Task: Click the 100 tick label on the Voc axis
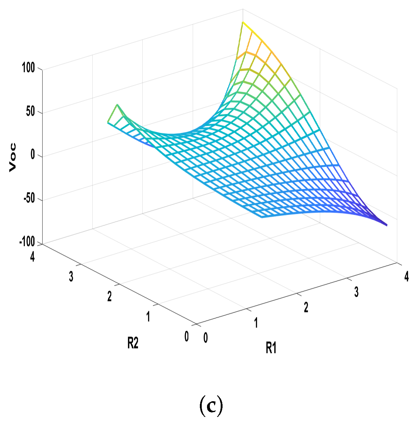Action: [x=28, y=67]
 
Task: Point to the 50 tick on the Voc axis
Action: [x=30, y=111]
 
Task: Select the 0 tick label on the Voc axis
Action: [x=33, y=154]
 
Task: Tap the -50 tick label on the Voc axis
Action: [x=29, y=198]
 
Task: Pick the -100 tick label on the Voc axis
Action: [x=27, y=241]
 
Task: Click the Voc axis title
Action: [x=12, y=157]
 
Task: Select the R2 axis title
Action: [x=133, y=343]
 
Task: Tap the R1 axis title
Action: [x=271, y=348]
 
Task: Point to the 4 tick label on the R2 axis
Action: [x=32, y=256]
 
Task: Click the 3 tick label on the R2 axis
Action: [x=71, y=276]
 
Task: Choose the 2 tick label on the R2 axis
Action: [x=109, y=296]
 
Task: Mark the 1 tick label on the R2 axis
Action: [x=148, y=317]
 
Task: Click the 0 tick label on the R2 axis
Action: [x=186, y=336]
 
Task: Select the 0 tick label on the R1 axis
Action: [x=205, y=338]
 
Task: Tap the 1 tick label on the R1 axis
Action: [x=256, y=323]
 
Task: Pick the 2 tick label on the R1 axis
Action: [x=306, y=307]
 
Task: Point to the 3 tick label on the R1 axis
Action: [x=356, y=292]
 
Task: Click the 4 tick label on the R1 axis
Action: [x=407, y=276]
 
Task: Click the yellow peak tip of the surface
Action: [x=243, y=22]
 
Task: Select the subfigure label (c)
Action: [x=211, y=405]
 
